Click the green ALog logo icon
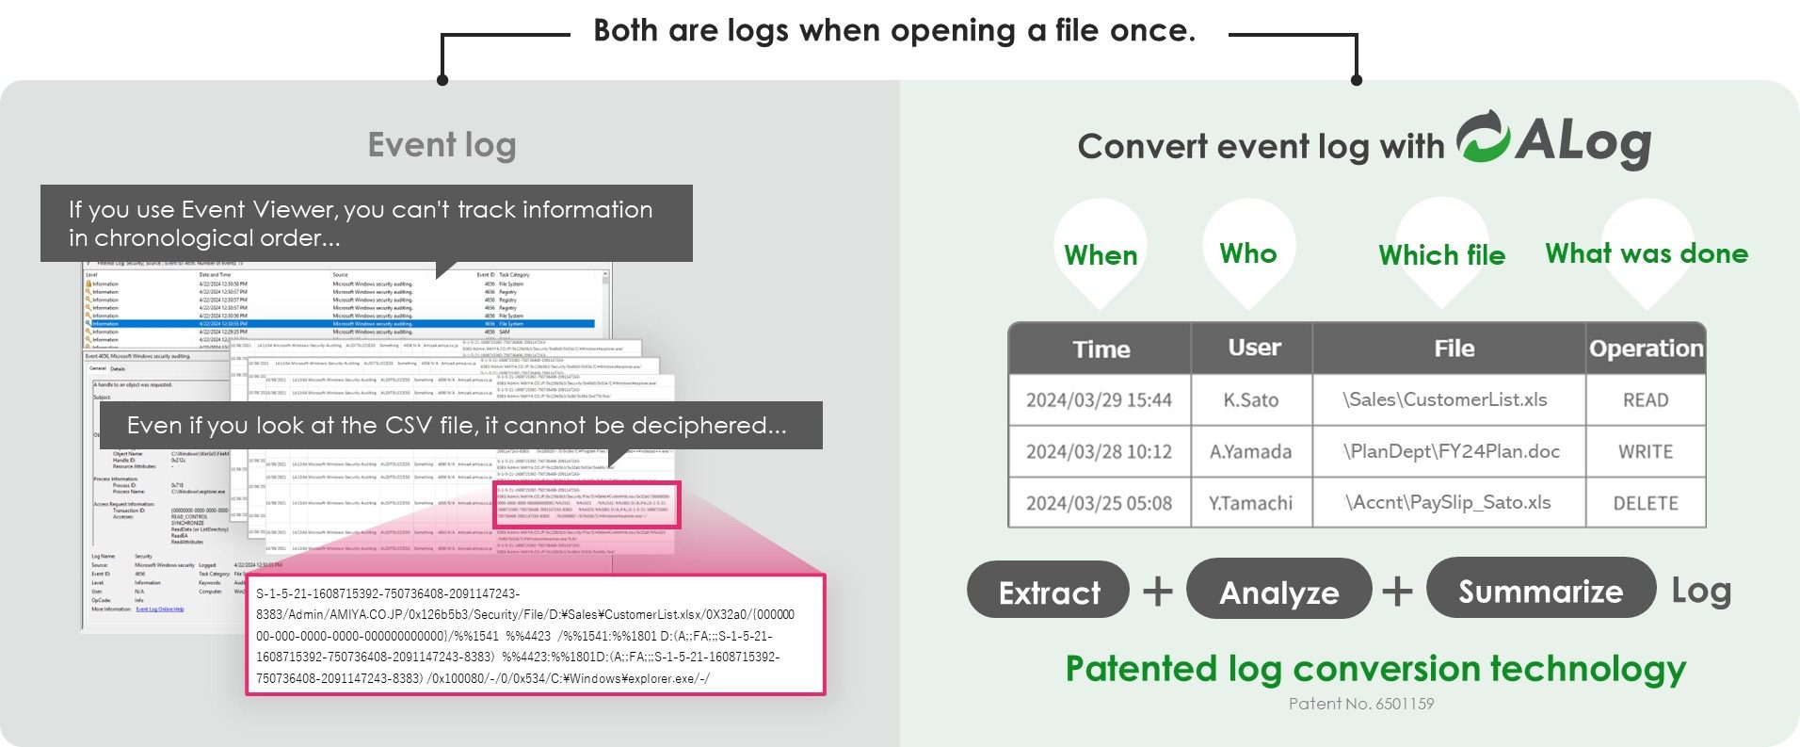1484,138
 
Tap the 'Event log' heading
442,145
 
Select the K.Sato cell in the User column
1250,399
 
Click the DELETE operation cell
1645,503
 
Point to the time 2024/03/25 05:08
1099,503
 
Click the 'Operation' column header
1646,349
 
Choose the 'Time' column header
1101,349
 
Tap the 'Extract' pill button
1049,592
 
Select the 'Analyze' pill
1278,592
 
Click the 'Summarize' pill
1540,590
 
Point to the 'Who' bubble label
1248,252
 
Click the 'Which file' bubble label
1441,254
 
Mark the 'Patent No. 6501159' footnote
1360,704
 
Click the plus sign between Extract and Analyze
1157,592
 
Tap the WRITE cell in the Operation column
1645,451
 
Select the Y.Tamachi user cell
1250,503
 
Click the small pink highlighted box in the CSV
586,506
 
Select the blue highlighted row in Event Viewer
339,323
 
